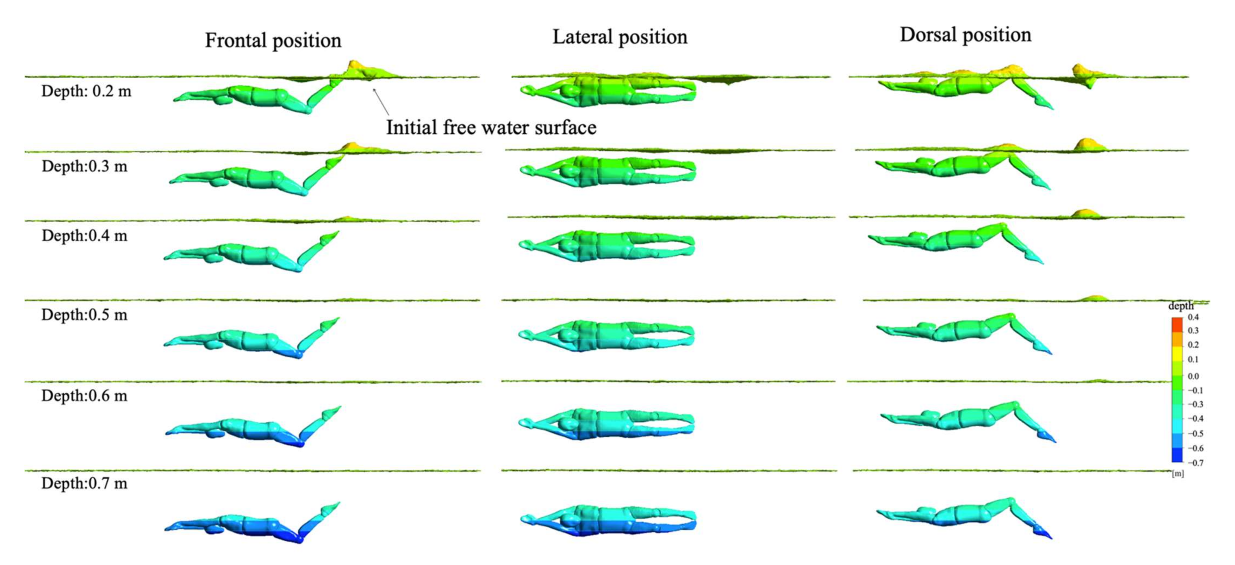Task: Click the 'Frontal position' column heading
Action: (273, 41)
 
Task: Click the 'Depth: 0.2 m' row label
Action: (86, 91)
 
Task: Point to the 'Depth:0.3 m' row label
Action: (84, 166)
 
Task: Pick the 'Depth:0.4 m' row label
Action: (84, 236)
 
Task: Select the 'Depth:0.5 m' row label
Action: (84, 315)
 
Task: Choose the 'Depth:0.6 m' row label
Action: (84, 396)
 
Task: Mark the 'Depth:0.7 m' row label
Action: (84, 483)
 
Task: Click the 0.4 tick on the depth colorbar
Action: (1193, 317)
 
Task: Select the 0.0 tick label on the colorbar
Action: (1193, 376)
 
